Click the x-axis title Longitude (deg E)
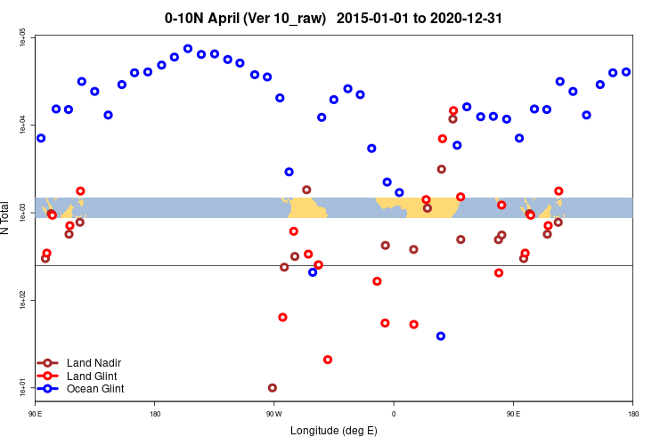(334, 431)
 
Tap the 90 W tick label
(274, 414)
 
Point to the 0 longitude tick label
(394, 414)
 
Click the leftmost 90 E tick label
(36, 414)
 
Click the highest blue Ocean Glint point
(188, 49)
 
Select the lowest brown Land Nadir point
(273, 388)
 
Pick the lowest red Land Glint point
(328, 360)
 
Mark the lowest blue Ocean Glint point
(441, 336)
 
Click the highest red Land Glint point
(453, 110)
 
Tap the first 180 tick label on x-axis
(155, 414)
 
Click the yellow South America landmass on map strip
(308, 208)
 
